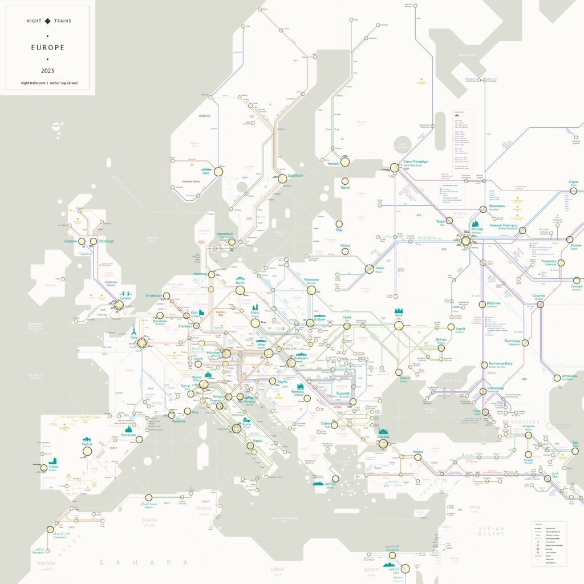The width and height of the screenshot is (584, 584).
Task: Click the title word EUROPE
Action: pos(48,47)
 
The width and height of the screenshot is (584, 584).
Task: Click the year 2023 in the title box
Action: pos(48,71)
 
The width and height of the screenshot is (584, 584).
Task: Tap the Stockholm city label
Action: pos(295,176)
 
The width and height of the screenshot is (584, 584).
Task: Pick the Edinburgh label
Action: pos(106,241)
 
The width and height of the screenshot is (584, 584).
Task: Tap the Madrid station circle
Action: pos(87,451)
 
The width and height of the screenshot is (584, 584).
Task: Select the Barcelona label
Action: pos(128,435)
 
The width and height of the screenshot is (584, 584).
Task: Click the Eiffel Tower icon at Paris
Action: pos(133,330)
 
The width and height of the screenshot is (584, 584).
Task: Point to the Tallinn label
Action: pos(344,187)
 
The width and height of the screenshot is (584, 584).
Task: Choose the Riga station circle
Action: pos(339,224)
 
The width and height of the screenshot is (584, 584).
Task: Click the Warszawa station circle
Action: pos(311,290)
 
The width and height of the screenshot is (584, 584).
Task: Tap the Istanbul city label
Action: pos(383,437)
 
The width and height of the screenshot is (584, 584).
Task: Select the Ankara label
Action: pos(417,452)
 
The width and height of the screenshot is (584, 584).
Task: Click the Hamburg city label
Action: pos(200,274)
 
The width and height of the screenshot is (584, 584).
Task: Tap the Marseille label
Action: pos(179,421)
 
